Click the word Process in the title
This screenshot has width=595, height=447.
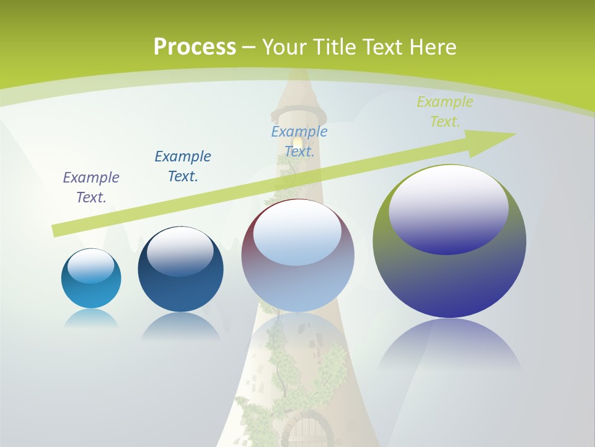pyautogui.click(x=194, y=47)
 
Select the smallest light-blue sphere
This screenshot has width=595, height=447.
pyautogui.click(x=91, y=278)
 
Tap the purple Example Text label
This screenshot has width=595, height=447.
pyautogui.click(x=91, y=187)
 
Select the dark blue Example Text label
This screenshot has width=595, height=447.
pyautogui.click(x=183, y=166)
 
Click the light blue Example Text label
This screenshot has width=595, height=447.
pyautogui.click(x=299, y=142)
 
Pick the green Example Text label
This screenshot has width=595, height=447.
pyautogui.click(x=445, y=112)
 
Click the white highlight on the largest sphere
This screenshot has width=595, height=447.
pyautogui.click(x=448, y=208)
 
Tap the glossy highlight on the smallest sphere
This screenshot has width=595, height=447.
pyautogui.click(x=90, y=266)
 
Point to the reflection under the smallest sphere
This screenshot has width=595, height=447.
pyautogui.click(x=91, y=319)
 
